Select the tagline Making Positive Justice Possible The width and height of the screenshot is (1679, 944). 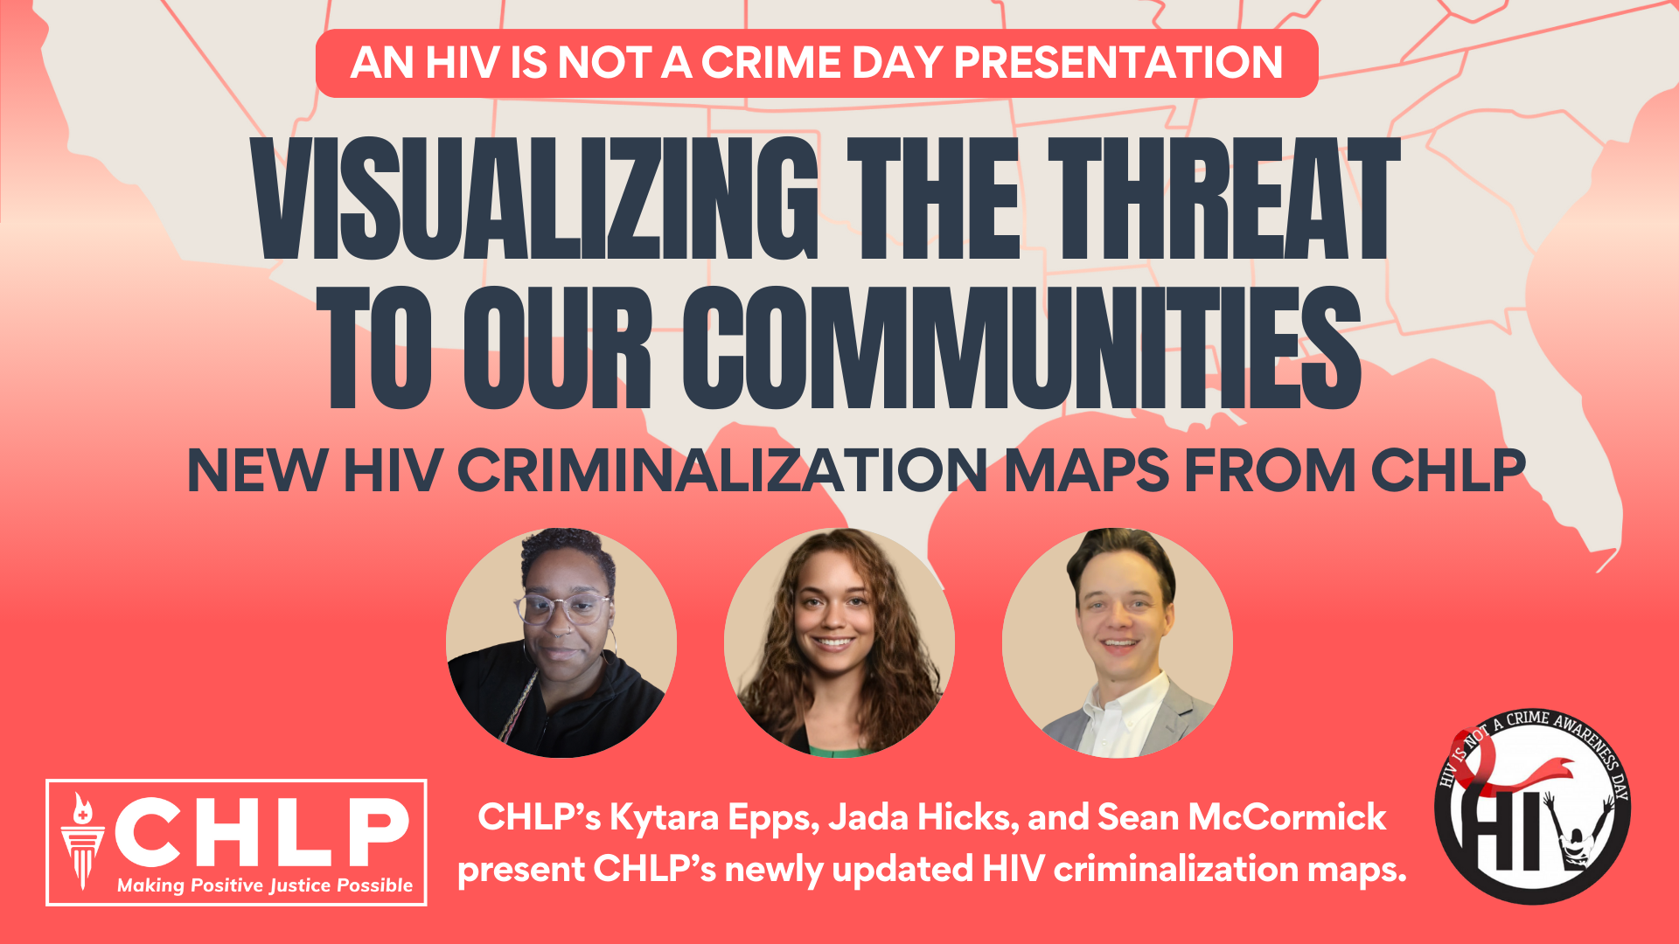point(265,885)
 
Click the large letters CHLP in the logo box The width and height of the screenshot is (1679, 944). point(262,830)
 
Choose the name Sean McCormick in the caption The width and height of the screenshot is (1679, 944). point(1242,818)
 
